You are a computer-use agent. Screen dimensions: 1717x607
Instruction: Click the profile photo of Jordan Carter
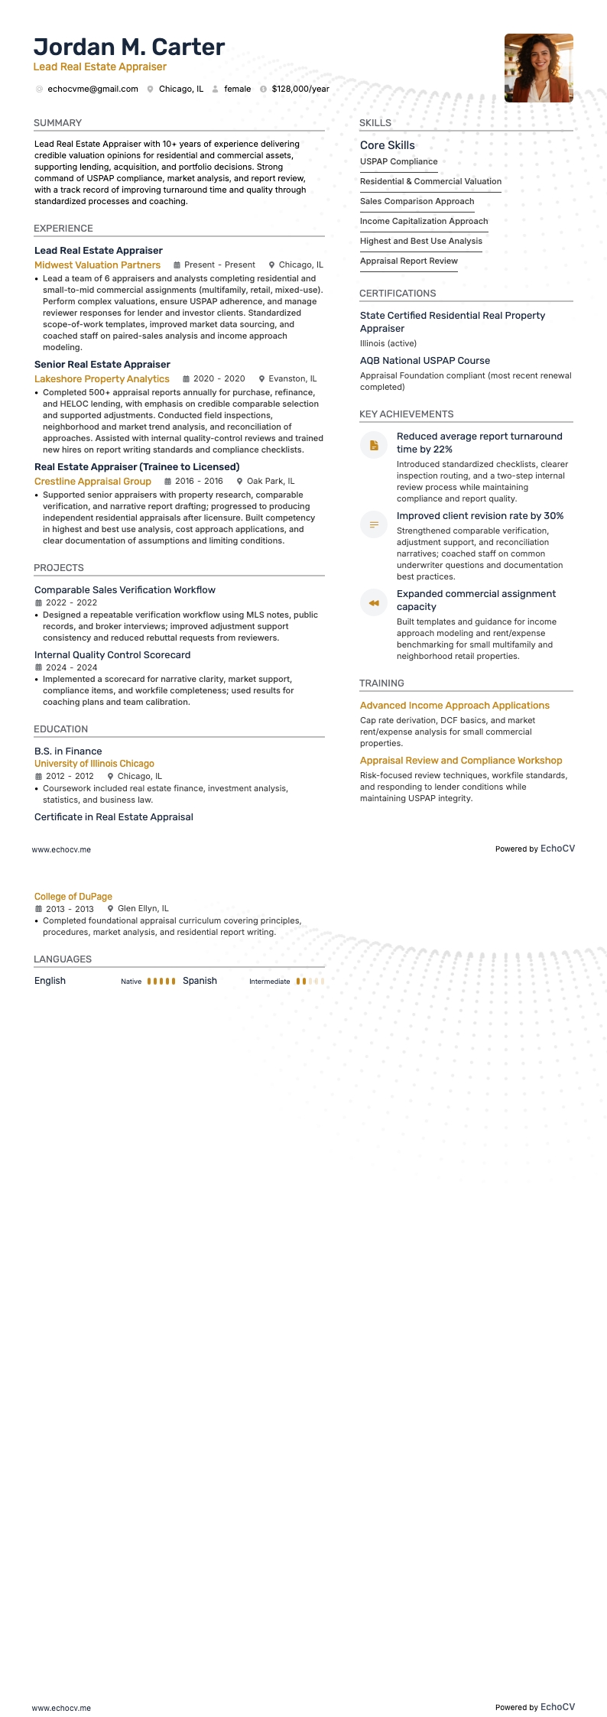[538, 68]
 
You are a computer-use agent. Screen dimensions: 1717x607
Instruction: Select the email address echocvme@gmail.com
[93, 89]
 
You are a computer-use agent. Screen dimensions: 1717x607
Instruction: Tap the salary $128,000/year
[300, 89]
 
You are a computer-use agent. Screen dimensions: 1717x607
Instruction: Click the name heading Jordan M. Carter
[129, 47]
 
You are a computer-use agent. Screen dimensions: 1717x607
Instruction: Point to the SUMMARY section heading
[57, 123]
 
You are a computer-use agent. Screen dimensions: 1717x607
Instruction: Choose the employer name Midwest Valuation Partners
[97, 265]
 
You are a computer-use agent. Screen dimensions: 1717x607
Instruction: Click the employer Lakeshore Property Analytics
[102, 379]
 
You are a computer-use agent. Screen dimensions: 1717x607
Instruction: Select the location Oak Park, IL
[271, 482]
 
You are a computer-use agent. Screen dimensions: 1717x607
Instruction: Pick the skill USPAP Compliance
[398, 162]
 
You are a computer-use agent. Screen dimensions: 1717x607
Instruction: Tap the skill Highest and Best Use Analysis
[420, 242]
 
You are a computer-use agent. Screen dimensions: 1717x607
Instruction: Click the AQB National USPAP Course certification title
[424, 361]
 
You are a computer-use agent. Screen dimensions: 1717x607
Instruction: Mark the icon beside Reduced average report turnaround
[374, 445]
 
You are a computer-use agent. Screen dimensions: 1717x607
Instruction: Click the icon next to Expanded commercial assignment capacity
[374, 602]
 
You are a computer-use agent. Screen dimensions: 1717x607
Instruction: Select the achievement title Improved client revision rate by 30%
[479, 516]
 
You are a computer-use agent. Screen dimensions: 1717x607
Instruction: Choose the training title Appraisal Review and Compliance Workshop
[460, 761]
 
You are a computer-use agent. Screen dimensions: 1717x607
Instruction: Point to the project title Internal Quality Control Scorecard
[112, 655]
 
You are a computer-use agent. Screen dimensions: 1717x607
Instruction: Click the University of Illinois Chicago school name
[94, 764]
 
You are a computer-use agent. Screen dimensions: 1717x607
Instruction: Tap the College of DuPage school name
[73, 897]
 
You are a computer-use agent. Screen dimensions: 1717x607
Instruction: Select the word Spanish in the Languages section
[200, 981]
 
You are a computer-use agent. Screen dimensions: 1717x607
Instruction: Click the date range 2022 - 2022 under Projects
[71, 602]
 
